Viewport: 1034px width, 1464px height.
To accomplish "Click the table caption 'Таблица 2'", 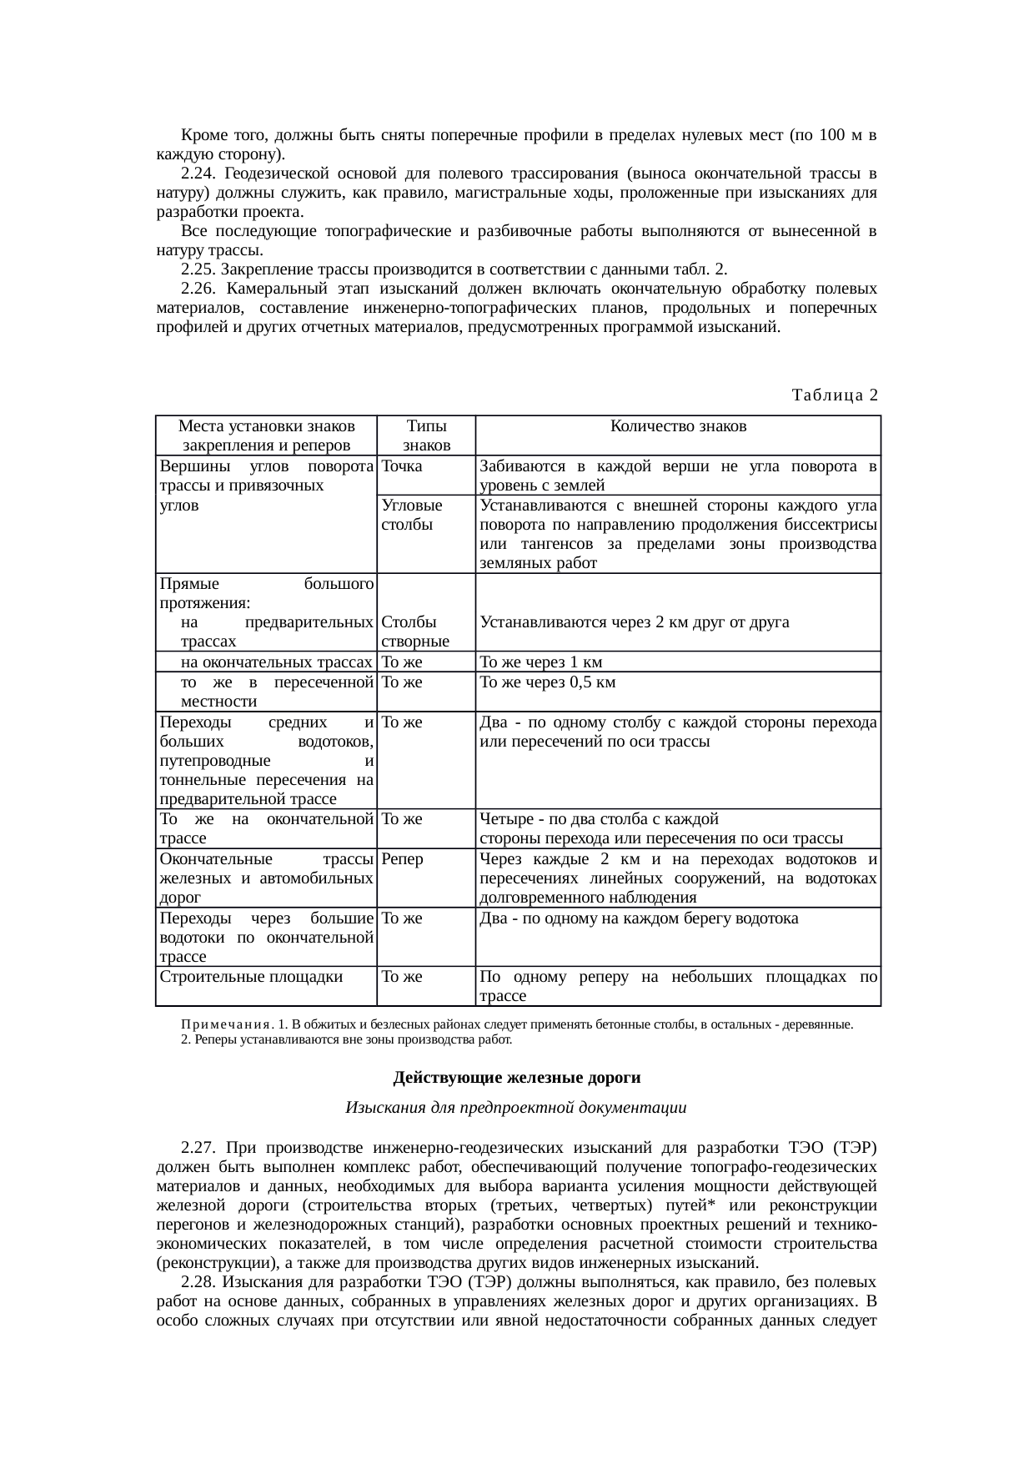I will pos(835,395).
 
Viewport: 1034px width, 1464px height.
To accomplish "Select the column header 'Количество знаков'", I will pos(678,426).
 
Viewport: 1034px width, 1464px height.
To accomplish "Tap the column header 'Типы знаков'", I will pos(426,435).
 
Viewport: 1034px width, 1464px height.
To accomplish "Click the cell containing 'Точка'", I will pos(402,466).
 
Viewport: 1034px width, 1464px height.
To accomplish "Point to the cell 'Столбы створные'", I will pos(415,631).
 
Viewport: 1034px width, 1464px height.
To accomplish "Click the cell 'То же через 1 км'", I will pos(541,662).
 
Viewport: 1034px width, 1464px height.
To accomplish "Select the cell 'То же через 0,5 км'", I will pos(548,682).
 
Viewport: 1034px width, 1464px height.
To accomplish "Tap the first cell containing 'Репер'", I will pos(403,859).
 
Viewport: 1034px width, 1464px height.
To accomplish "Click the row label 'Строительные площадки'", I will pos(251,977).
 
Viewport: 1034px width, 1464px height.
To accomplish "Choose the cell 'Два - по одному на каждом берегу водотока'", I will pos(639,918).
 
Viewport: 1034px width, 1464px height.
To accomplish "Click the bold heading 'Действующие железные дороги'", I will pos(516,1078).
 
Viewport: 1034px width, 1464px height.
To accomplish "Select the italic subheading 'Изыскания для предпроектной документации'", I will pos(516,1108).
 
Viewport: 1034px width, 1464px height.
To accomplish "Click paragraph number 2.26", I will pos(198,289).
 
